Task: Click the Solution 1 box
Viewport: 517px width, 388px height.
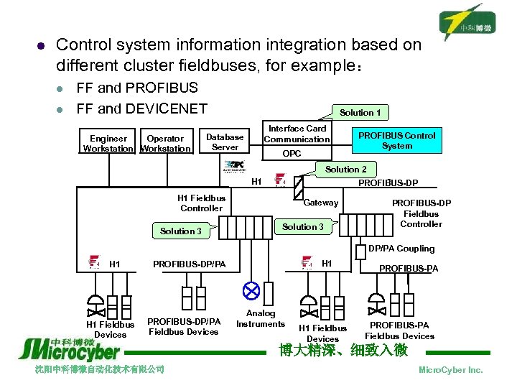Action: [x=360, y=112]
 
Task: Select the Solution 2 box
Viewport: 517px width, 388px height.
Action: [x=346, y=169]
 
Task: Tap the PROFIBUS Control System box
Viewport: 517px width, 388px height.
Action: [x=396, y=140]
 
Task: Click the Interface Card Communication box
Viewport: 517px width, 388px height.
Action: [x=297, y=134]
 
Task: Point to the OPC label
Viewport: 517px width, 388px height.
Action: [x=292, y=154]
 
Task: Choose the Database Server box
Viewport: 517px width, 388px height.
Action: [x=225, y=142]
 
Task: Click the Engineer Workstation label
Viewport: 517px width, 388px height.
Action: [x=108, y=143]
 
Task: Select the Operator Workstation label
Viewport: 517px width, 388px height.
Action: [x=165, y=143]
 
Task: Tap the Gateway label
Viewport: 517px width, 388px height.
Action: [x=321, y=203]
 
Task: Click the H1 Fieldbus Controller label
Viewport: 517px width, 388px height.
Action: [x=201, y=203]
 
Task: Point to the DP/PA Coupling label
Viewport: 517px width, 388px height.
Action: [x=401, y=249]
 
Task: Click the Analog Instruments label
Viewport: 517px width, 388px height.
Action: [x=261, y=318]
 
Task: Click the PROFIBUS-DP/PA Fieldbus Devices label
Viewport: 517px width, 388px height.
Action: [x=183, y=326]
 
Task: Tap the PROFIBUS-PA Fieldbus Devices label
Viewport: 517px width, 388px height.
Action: [x=399, y=331]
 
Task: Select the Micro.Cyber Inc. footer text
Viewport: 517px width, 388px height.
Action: [x=450, y=369]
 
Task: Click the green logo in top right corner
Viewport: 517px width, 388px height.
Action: [x=468, y=22]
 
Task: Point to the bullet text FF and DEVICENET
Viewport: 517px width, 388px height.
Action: [x=141, y=108]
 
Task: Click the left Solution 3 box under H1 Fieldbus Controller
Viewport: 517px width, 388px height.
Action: [x=181, y=231]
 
